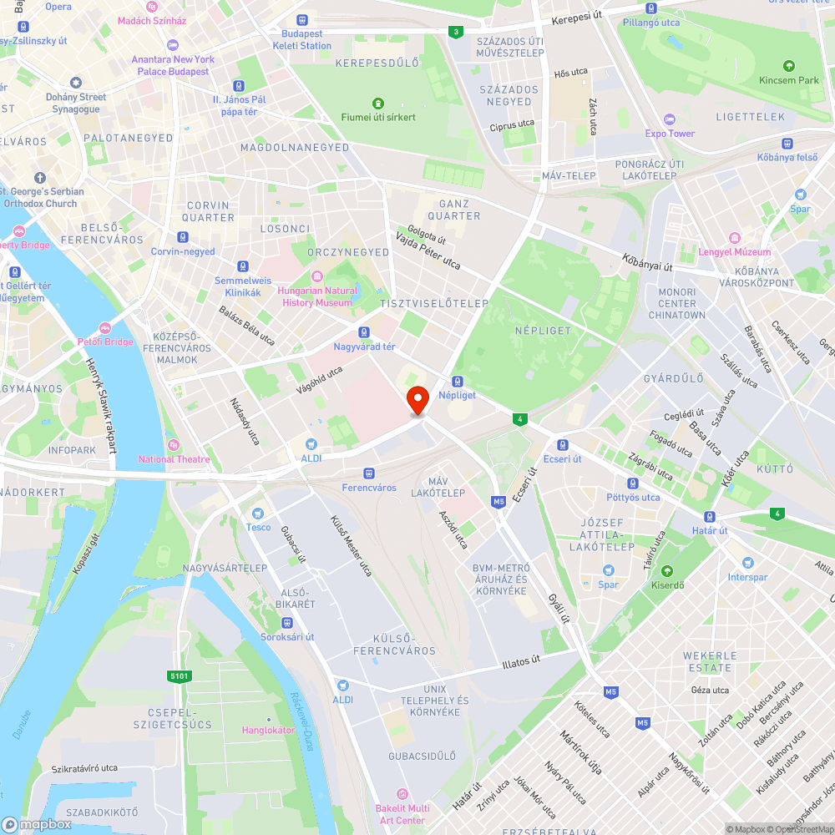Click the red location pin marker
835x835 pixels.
click(x=417, y=400)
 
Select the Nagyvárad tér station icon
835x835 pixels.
click(x=364, y=332)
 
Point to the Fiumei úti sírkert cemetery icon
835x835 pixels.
click(x=377, y=104)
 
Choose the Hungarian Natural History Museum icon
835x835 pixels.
click(x=316, y=276)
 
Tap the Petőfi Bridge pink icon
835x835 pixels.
click(x=105, y=328)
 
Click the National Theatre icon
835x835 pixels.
click(x=174, y=445)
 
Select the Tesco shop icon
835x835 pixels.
click(x=258, y=513)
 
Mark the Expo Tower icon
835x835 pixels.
click(x=669, y=119)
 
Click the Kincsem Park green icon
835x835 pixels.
click(x=789, y=66)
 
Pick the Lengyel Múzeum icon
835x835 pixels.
click(x=735, y=238)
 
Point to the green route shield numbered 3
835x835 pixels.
click(x=455, y=33)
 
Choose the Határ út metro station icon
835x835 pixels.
click(x=710, y=517)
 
